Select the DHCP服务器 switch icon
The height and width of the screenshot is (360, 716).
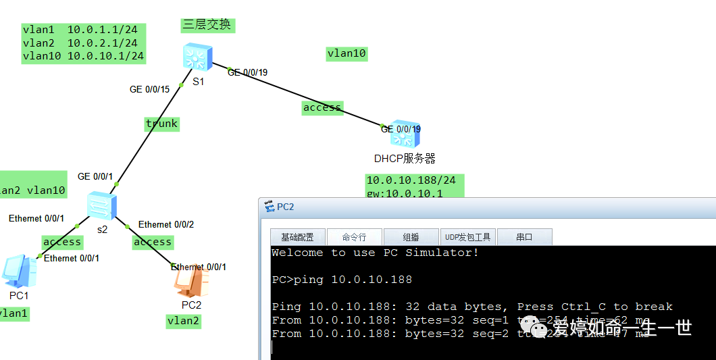click(405, 137)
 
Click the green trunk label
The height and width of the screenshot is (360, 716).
click(162, 124)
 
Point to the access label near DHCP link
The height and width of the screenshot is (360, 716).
click(322, 107)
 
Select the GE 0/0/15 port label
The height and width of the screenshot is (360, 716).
click(149, 89)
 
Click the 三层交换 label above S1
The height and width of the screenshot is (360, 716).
click(207, 25)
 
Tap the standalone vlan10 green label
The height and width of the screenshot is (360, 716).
click(347, 54)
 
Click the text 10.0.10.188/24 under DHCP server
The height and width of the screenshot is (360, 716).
click(411, 180)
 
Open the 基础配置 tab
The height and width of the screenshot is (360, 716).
click(297, 237)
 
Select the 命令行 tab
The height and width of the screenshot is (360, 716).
click(354, 237)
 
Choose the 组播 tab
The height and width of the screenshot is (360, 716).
click(411, 237)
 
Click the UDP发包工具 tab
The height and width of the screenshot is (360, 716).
click(467, 237)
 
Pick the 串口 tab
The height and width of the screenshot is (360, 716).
click(524, 237)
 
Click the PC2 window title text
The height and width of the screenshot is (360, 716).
click(286, 207)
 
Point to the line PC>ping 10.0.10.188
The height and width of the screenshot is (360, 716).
click(342, 280)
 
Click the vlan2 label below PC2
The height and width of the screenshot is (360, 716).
click(183, 321)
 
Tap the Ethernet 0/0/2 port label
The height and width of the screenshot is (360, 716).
click(166, 224)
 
